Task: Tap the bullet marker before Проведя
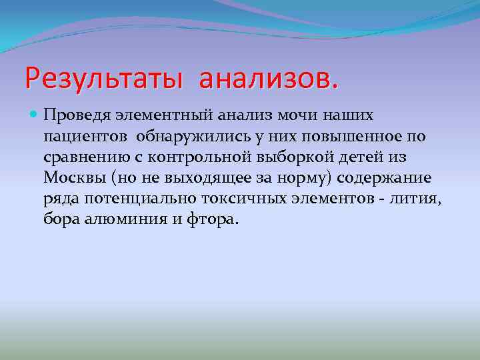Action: point(35,116)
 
